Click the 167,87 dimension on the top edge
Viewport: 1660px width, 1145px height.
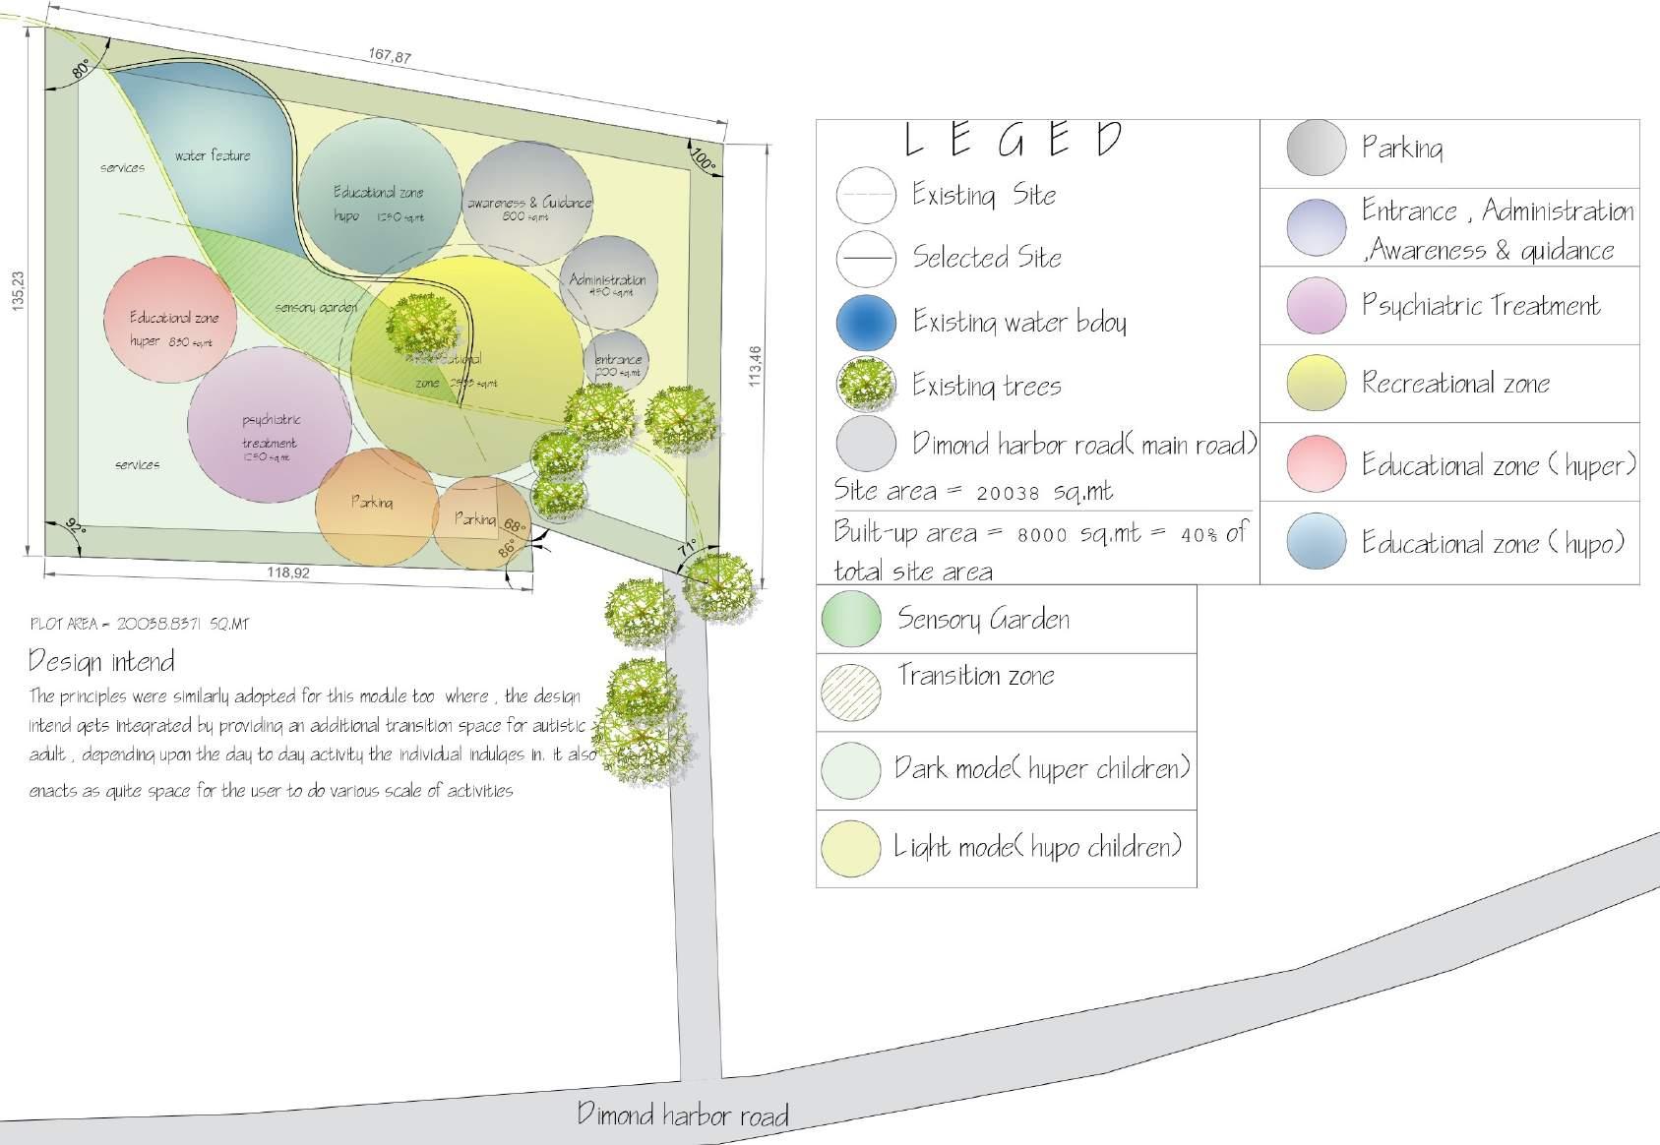pyautogui.click(x=390, y=56)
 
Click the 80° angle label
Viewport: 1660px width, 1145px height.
pyautogui.click(x=81, y=67)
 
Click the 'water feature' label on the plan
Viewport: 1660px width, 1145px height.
pyautogui.click(x=213, y=155)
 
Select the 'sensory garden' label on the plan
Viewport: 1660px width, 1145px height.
pyautogui.click(x=315, y=308)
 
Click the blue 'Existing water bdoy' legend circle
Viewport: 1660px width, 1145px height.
pyautogui.click(x=866, y=323)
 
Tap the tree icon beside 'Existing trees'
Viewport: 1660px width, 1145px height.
pyautogui.click(x=866, y=385)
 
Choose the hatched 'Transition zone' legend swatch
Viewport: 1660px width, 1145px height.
pyautogui.click(x=850, y=692)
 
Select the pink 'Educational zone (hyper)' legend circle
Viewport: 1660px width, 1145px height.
pyautogui.click(x=1316, y=463)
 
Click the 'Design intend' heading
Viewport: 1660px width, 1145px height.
pyautogui.click(x=102, y=661)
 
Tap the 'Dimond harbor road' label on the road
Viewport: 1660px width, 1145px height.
pyautogui.click(x=682, y=1115)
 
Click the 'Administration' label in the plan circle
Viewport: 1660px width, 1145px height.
pyautogui.click(x=607, y=280)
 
